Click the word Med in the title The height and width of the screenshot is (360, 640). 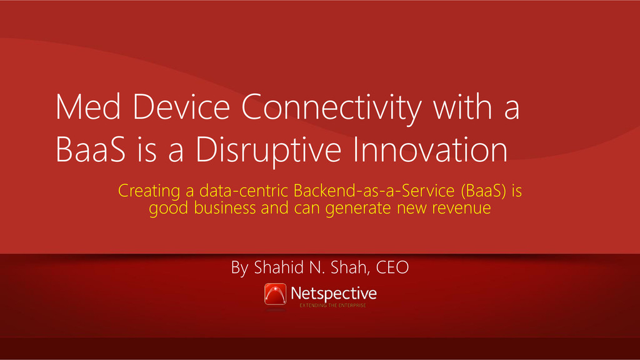click(x=88, y=106)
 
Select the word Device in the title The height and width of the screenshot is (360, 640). click(x=181, y=106)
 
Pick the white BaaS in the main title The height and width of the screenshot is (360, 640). click(x=91, y=149)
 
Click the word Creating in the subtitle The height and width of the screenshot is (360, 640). click(x=149, y=191)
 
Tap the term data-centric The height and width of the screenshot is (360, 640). click(x=244, y=191)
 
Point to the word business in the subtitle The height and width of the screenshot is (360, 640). click(x=225, y=207)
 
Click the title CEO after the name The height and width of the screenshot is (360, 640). click(x=392, y=267)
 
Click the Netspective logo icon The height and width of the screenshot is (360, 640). click(x=275, y=294)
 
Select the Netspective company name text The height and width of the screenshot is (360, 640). click(x=334, y=294)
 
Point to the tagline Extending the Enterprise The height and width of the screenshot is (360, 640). click(x=332, y=305)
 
